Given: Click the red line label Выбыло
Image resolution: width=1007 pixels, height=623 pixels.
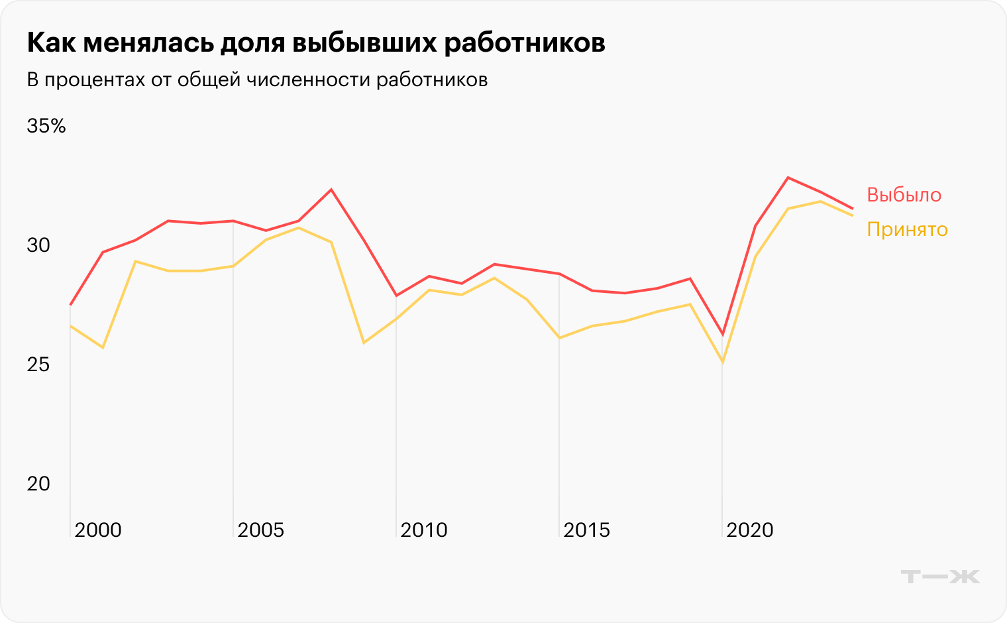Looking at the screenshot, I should (x=904, y=195).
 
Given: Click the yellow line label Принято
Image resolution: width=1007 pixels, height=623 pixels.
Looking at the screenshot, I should (x=907, y=229).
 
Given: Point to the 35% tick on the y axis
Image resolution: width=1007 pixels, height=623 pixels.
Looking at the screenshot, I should (x=46, y=126).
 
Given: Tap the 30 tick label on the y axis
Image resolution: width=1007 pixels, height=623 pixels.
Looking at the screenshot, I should (x=38, y=245).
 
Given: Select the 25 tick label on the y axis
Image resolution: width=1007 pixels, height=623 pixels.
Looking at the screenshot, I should (x=38, y=365).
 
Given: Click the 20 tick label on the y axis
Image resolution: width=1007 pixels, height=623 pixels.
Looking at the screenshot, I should (x=38, y=484).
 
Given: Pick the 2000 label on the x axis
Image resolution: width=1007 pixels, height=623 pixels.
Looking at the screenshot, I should (x=97, y=530).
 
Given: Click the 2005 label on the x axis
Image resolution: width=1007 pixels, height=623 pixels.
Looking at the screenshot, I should (x=260, y=530).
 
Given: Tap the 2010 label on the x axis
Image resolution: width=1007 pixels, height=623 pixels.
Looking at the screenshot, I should (x=424, y=530).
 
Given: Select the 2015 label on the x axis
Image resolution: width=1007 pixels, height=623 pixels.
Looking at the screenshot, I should (x=587, y=530).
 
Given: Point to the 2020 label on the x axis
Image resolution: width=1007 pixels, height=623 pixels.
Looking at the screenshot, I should (x=750, y=530).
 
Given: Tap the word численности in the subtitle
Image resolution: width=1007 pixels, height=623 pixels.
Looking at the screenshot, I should (x=307, y=80).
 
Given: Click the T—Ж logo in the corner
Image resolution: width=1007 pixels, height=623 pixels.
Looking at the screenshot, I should (x=940, y=577).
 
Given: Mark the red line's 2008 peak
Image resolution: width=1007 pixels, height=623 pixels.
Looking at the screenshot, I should (x=331, y=190).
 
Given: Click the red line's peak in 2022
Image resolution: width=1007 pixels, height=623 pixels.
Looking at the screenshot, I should (x=788, y=178).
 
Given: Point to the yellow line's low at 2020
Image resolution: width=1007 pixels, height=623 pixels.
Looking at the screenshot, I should (x=722, y=363).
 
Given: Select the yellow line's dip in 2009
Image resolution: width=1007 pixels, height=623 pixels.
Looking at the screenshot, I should (x=364, y=343).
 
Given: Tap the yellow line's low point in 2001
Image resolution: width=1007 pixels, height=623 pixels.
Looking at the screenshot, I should (x=103, y=347).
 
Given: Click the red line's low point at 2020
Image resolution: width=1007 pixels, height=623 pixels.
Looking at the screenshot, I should (x=722, y=335).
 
